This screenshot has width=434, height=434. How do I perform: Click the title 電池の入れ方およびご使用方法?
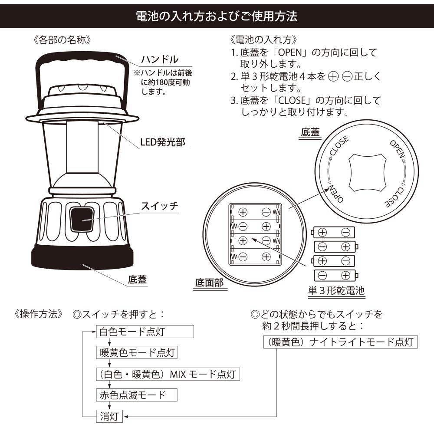217,16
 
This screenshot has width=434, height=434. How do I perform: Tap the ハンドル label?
160,59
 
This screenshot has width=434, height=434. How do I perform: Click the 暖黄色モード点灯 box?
137,352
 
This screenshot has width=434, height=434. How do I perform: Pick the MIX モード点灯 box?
168,374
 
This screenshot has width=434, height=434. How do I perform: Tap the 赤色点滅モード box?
137,395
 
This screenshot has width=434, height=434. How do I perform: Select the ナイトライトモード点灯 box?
340,342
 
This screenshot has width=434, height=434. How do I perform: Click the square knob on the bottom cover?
367,173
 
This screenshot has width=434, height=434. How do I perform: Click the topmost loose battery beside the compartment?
333,232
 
